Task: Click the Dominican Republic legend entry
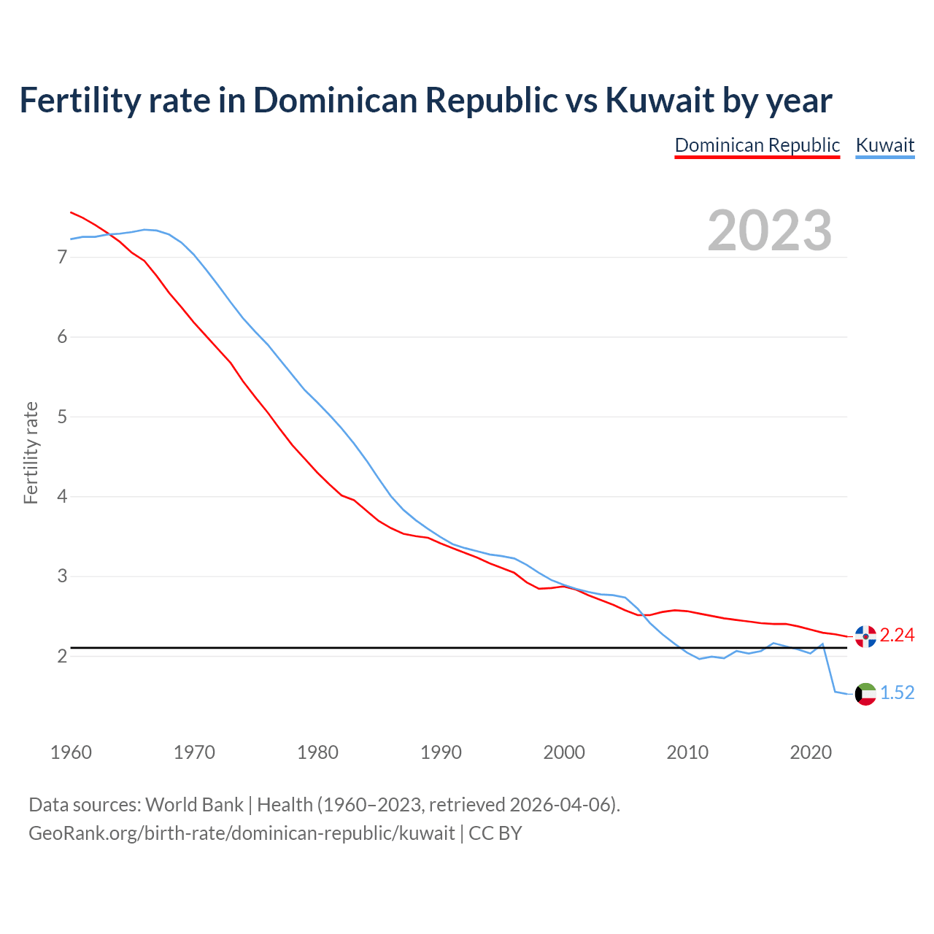click(x=757, y=145)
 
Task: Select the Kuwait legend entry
click(x=884, y=145)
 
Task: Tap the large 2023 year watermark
click(x=769, y=231)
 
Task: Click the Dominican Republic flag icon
click(x=865, y=636)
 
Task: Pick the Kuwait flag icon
click(x=865, y=693)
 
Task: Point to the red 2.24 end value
click(x=897, y=636)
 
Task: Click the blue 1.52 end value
click(x=897, y=693)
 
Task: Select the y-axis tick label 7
click(x=62, y=258)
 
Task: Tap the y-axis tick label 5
click(x=62, y=417)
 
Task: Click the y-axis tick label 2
click(x=62, y=657)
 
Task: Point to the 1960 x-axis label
click(x=71, y=752)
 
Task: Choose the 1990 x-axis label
click(x=441, y=752)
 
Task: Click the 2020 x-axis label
click(x=811, y=752)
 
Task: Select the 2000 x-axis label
click(x=564, y=752)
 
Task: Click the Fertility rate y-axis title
click(x=31, y=452)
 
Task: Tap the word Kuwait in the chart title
click(x=660, y=101)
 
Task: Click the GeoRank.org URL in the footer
click(x=242, y=833)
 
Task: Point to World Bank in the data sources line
click(x=194, y=805)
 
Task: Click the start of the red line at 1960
click(x=72, y=212)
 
